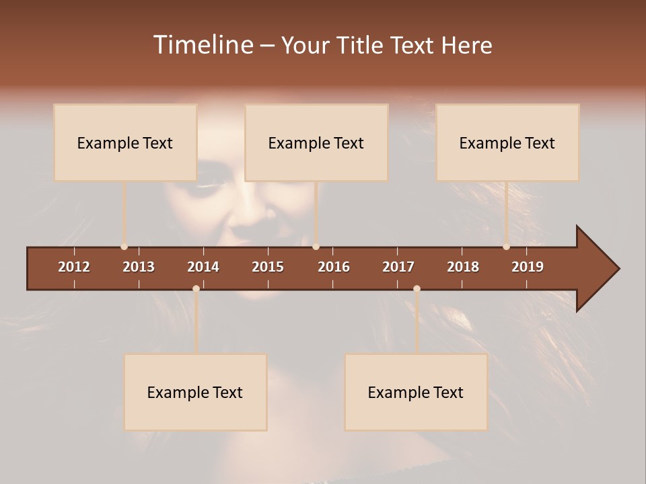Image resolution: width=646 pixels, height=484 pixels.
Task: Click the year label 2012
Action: (74, 267)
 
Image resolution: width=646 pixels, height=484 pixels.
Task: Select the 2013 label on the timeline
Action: (139, 267)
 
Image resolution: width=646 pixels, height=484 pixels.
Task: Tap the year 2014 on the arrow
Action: (203, 267)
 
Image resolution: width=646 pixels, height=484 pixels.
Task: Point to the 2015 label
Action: (268, 267)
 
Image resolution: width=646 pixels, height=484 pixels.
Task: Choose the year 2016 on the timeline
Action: (334, 267)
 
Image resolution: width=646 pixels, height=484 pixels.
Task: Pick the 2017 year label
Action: (398, 267)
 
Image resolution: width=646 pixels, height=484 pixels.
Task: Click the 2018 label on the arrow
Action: (463, 267)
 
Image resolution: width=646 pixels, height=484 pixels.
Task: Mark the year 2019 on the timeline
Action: (528, 267)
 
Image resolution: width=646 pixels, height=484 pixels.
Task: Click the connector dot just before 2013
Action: (124, 247)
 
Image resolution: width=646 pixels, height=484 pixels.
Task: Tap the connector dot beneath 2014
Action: (196, 288)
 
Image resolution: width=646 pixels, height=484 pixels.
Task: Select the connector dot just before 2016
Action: (316, 247)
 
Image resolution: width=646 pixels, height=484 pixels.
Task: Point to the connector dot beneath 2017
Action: (417, 288)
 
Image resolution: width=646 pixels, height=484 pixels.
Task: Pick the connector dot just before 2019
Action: (506, 247)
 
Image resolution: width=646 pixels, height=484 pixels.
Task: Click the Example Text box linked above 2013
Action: (125, 143)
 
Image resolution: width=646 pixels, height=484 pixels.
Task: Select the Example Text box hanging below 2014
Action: (195, 392)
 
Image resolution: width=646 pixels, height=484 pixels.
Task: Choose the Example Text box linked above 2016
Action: (316, 143)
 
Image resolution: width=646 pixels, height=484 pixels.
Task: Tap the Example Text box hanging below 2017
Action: (416, 392)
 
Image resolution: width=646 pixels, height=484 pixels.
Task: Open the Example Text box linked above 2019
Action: (507, 143)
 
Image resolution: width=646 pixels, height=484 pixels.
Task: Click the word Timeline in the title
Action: (203, 45)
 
